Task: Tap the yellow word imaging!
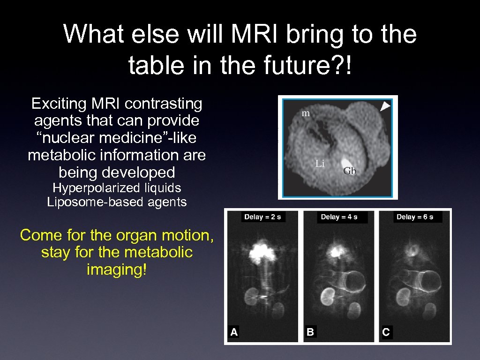point(117,270)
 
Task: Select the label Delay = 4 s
point(339,217)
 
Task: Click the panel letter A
point(234,332)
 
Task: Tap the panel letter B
point(310,332)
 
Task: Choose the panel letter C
point(386,332)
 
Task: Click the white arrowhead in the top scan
point(385,107)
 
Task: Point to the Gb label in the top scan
point(350,171)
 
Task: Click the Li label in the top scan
point(320,164)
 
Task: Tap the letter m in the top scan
point(306,113)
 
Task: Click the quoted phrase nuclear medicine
point(112,138)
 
